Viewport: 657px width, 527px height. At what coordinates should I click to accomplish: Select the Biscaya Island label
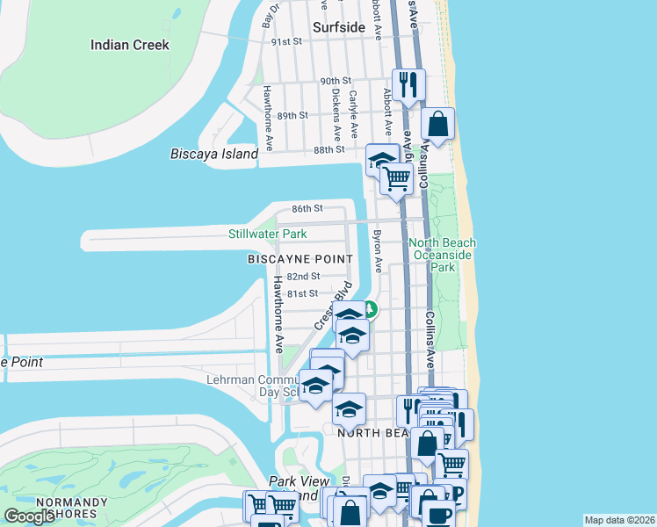coord(214,155)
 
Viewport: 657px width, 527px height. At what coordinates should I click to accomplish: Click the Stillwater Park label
coord(267,235)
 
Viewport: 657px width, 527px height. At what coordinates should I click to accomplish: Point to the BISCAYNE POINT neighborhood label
coord(300,259)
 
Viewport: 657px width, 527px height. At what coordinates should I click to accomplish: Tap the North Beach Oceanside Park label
coord(443,254)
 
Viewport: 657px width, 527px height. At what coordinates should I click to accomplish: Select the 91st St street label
coord(286,41)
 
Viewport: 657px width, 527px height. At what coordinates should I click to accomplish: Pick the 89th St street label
coord(292,115)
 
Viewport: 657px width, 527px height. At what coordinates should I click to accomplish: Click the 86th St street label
coord(307,209)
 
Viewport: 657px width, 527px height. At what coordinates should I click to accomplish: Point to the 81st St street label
coord(302,293)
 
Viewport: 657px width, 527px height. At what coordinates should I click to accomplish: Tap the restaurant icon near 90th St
coord(408,85)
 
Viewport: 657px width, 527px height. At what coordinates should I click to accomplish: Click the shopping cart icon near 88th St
coord(396,178)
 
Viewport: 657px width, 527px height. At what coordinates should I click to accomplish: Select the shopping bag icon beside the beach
coord(437,125)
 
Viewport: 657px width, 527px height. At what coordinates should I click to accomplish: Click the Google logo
coord(29,516)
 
